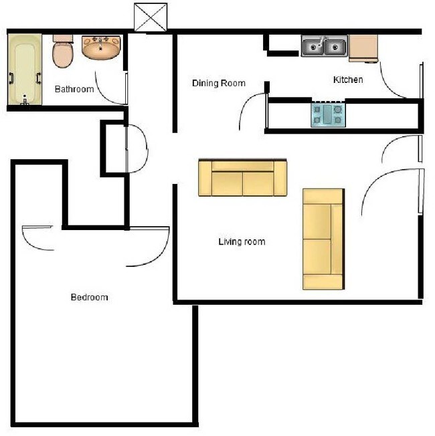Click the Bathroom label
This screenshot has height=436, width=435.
pos(74,89)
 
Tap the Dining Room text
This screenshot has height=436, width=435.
pos(219,83)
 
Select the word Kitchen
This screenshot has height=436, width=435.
pos(348,80)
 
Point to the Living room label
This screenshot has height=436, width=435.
pos(242,241)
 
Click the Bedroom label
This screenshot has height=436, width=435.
pos(89,298)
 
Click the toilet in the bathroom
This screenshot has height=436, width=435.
pos(63,51)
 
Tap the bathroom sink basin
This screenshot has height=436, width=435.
pos(101,47)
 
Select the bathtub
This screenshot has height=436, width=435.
pos(25,70)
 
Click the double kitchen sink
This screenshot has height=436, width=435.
pos(324,46)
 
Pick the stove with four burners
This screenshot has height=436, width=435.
pos(328,114)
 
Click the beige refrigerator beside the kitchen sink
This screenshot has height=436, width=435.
pos(363,48)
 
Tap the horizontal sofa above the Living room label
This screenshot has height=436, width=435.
pos(242,178)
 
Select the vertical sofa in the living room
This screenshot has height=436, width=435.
pos(324,239)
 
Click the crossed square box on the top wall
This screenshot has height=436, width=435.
pos(151,17)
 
